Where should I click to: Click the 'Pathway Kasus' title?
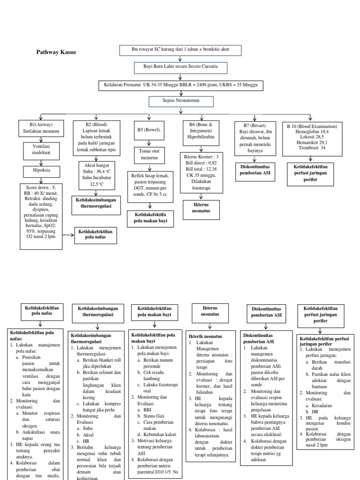tap(56, 52)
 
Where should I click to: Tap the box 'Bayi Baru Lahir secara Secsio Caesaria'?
tap(180, 67)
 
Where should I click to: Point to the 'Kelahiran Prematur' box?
tap(180, 85)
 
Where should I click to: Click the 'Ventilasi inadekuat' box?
tap(41, 149)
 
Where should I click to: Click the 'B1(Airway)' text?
tap(41, 125)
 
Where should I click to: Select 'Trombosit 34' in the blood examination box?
tap(312, 148)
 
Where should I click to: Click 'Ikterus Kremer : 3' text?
tap(201, 156)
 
